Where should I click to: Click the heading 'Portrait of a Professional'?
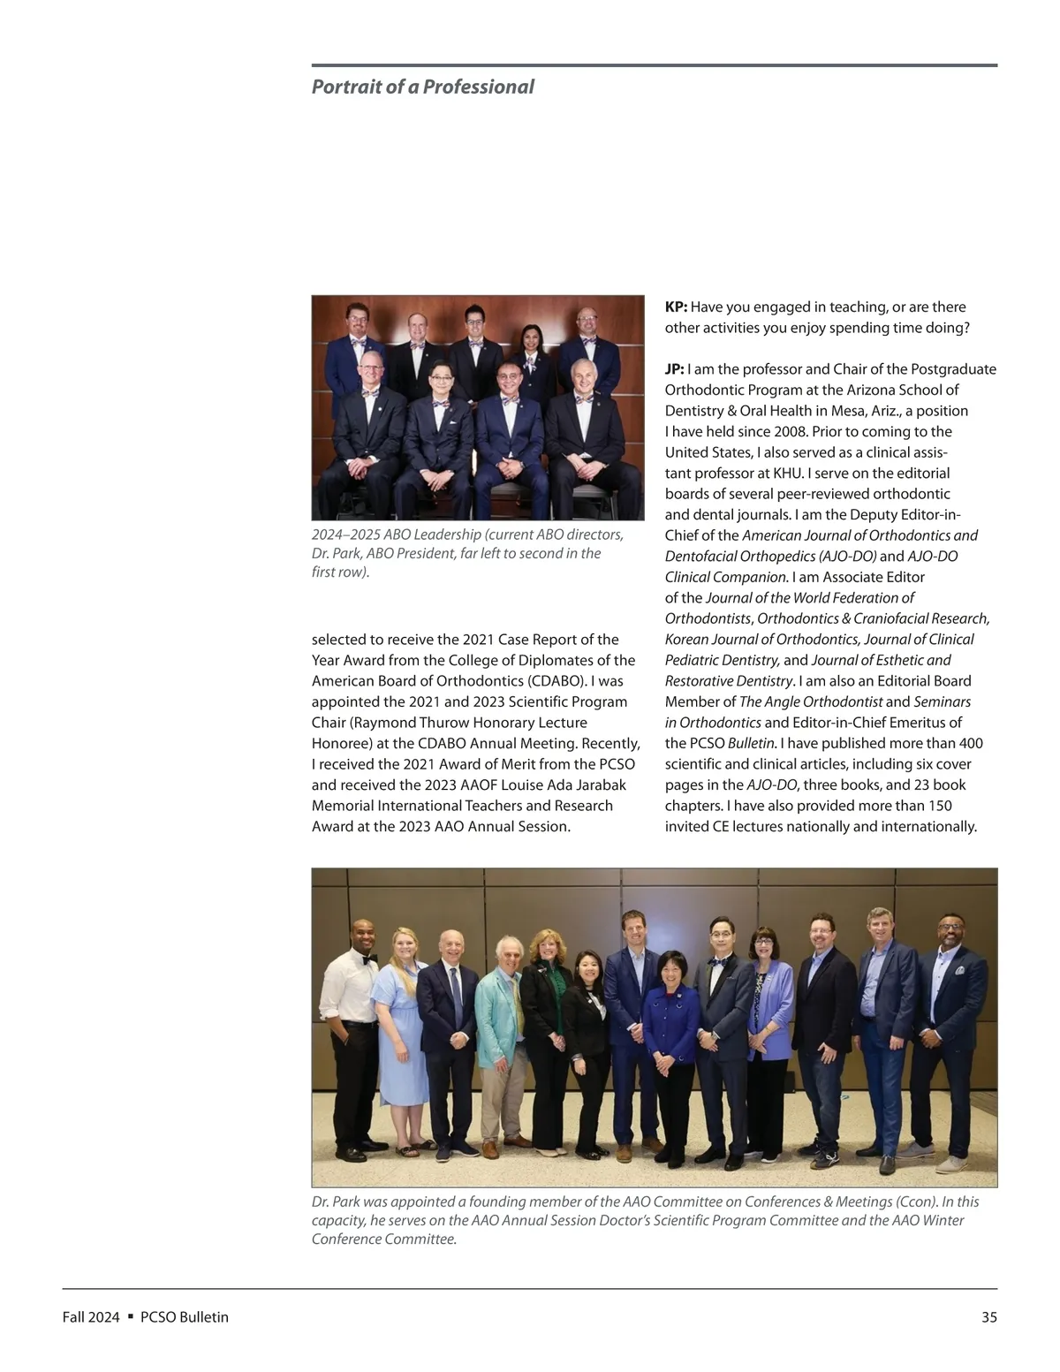[x=422, y=87]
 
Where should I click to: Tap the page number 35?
[x=988, y=1317]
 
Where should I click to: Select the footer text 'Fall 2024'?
[x=90, y=1317]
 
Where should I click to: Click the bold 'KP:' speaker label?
[x=676, y=307]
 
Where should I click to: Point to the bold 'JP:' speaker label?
[x=674, y=369]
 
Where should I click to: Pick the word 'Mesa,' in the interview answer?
[x=851, y=411]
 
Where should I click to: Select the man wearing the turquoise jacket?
[x=502, y=1034]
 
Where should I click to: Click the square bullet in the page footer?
[x=130, y=1316]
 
